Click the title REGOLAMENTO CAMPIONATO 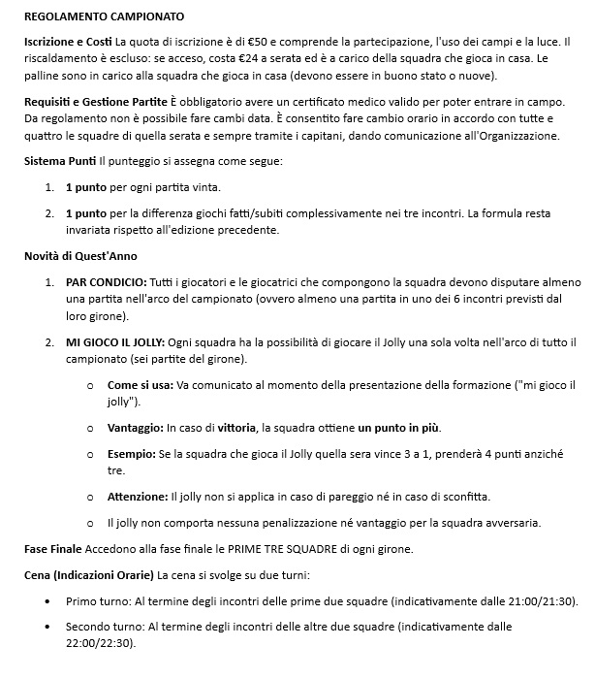pyautogui.click(x=104, y=17)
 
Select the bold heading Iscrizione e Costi pyautogui.click(x=67, y=43)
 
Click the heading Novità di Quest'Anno pyautogui.click(x=80, y=256)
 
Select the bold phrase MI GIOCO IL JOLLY pyautogui.click(x=115, y=342)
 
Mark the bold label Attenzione pyautogui.click(x=138, y=497)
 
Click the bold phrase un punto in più pyautogui.click(x=399, y=428)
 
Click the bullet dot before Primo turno pyautogui.click(x=48, y=601)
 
